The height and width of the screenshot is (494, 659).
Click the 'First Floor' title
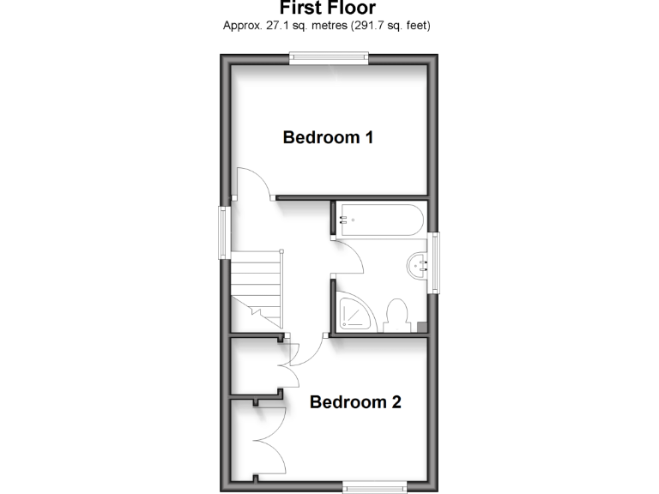(x=327, y=8)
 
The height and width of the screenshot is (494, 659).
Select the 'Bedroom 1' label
(x=328, y=137)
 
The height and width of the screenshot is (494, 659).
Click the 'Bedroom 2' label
(x=355, y=401)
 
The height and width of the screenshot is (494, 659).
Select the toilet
(x=396, y=316)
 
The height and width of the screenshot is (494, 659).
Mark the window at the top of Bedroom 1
(x=329, y=57)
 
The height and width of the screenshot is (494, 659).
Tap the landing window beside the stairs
(x=224, y=232)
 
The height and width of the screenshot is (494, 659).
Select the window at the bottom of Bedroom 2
(x=375, y=487)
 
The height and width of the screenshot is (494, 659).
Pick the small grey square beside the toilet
(x=421, y=326)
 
